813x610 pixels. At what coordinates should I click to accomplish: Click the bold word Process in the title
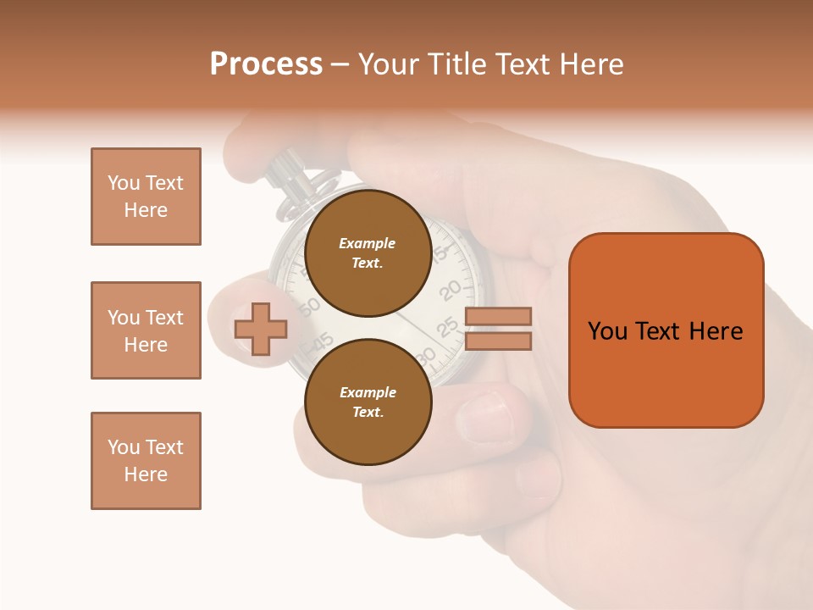coord(266,64)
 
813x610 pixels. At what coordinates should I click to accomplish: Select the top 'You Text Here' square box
coord(146,197)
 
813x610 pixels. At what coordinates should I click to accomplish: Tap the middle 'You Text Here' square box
coord(146,330)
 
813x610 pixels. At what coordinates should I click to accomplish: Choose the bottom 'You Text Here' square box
coord(146,461)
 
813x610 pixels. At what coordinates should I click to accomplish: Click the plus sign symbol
coord(261,329)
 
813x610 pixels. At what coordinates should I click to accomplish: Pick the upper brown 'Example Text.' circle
coord(368,253)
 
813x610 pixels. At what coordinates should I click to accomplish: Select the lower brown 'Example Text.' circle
coord(368,402)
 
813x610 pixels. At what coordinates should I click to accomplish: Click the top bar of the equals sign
coord(498,317)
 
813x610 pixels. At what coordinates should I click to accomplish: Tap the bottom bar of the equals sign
coord(498,341)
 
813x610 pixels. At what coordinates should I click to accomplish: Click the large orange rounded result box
coord(666,330)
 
